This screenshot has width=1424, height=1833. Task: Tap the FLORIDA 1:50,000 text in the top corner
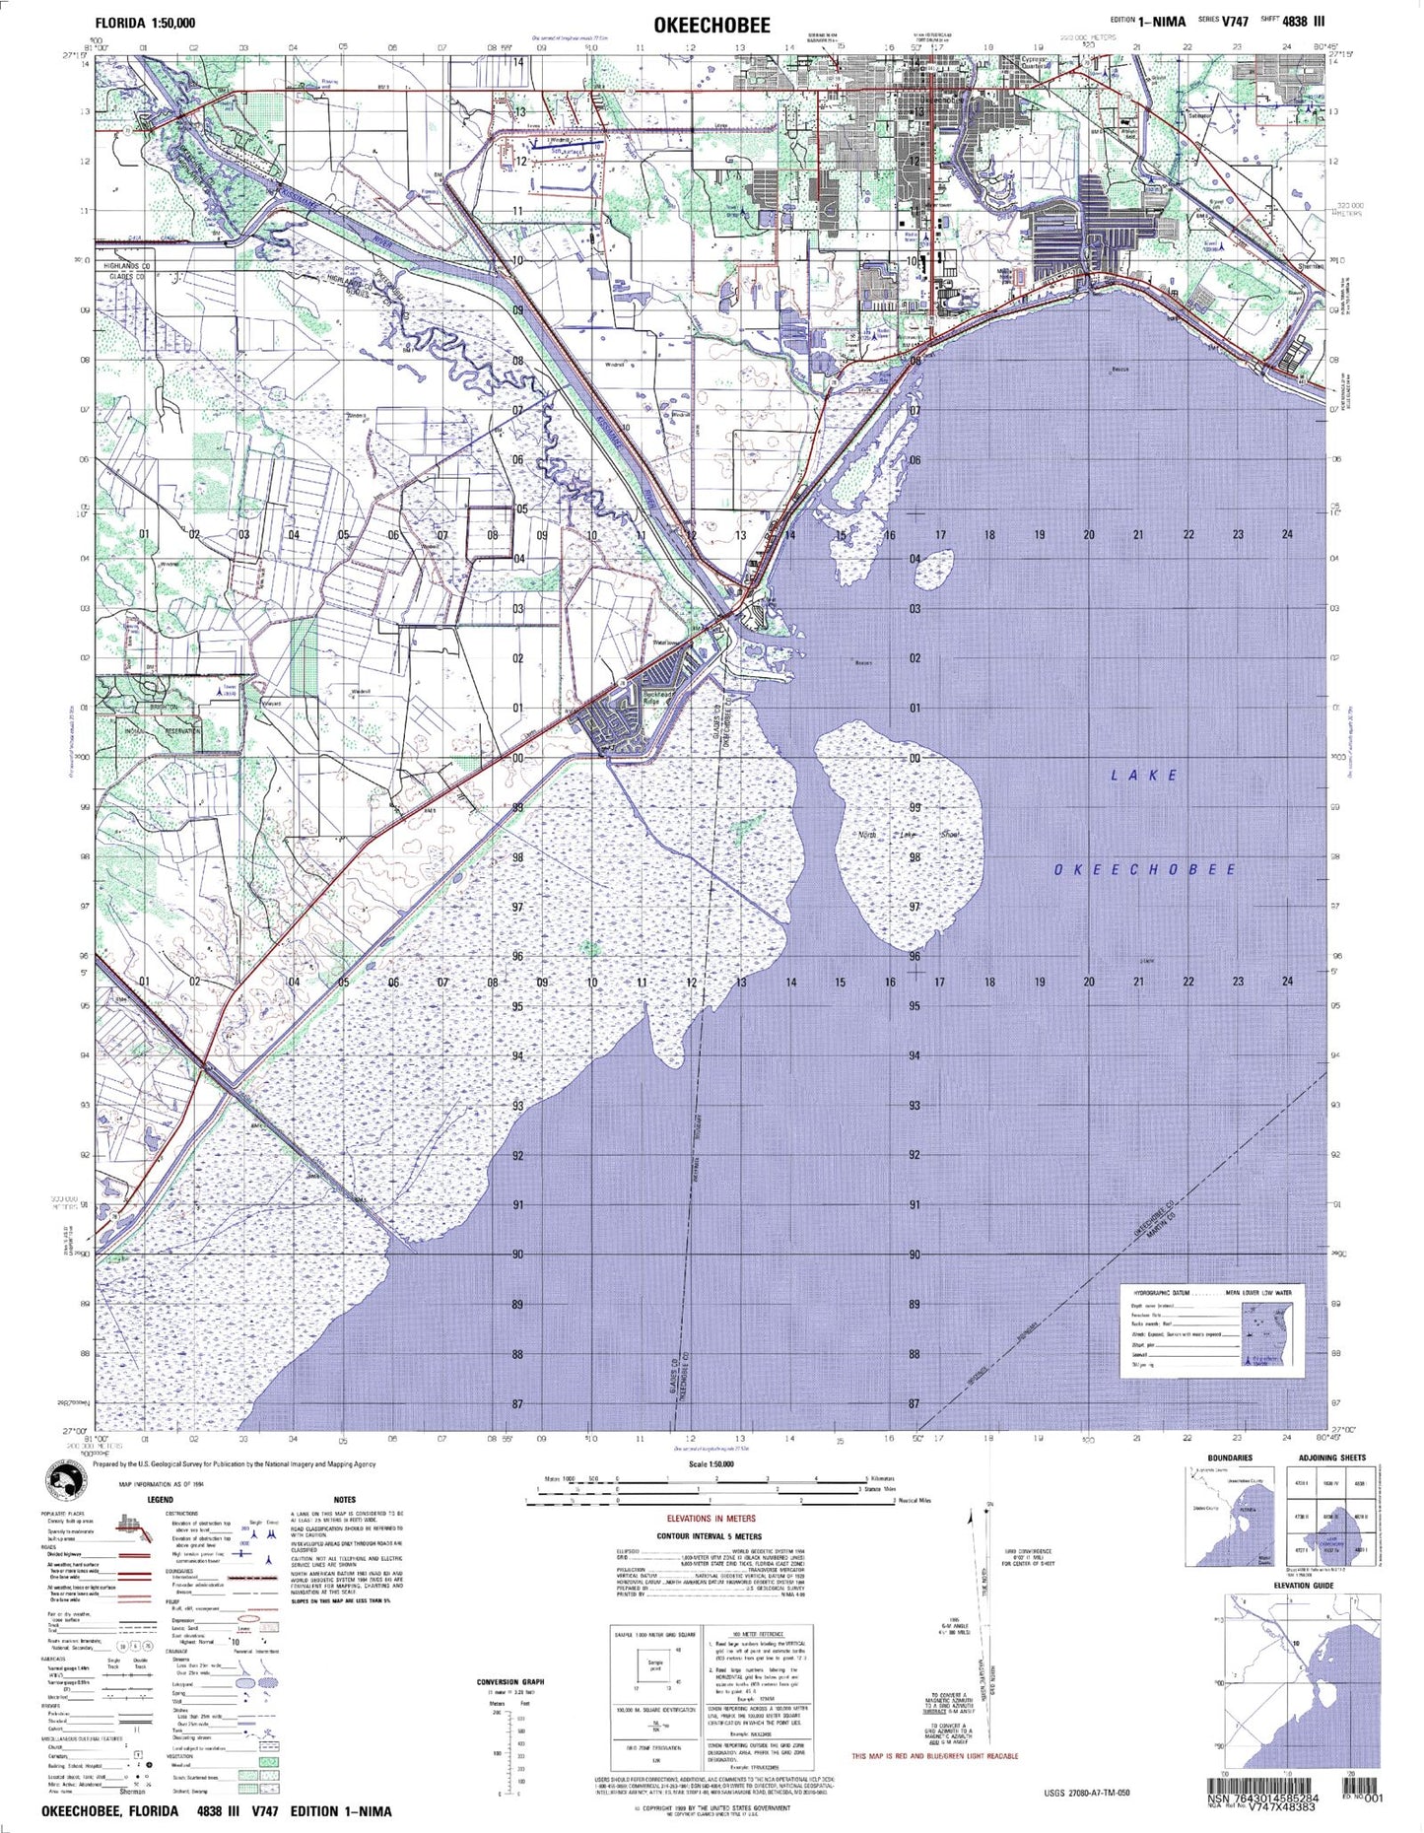point(145,23)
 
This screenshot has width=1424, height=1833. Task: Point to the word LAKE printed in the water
point(1144,776)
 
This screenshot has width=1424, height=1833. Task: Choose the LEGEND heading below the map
point(160,1499)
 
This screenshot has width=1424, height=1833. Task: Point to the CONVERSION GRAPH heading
point(510,1681)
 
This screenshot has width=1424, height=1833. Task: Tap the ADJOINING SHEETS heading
point(1331,1458)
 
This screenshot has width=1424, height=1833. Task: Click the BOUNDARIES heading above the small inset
point(1230,1458)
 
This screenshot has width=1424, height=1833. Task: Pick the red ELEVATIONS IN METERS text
point(711,1519)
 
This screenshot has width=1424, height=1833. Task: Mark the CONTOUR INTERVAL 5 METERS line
point(710,1535)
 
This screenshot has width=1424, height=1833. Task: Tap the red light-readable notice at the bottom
point(935,1755)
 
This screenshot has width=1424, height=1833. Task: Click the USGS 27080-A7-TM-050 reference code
point(1087,1792)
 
